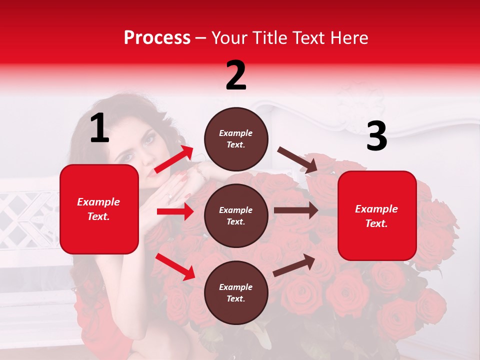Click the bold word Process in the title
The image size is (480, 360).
click(x=157, y=38)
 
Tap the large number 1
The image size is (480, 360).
click(x=99, y=128)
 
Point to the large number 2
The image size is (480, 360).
click(x=236, y=75)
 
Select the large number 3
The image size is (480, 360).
click(x=376, y=136)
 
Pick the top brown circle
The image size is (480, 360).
click(x=236, y=139)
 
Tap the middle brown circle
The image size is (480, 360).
click(x=236, y=215)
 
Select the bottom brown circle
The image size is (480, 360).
click(x=236, y=292)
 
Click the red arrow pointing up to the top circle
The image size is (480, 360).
click(x=173, y=159)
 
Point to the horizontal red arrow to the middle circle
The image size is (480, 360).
click(x=175, y=211)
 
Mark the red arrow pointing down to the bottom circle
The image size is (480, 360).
click(x=175, y=266)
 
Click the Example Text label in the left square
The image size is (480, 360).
click(x=99, y=209)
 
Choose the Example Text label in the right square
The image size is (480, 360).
click(x=377, y=216)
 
